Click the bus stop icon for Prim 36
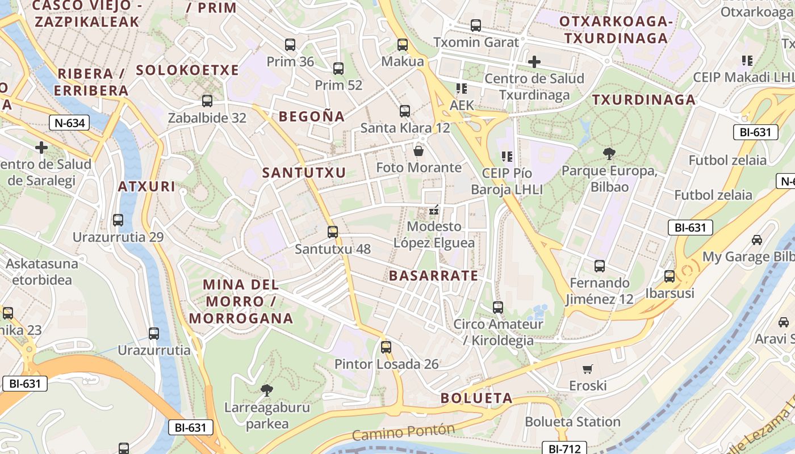pyautogui.click(x=290, y=45)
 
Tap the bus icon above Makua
pyautogui.click(x=403, y=44)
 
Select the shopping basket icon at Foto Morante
pyautogui.click(x=419, y=150)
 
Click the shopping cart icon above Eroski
pyautogui.click(x=588, y=369)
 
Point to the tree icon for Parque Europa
pyautogui.click(x=609, y=153)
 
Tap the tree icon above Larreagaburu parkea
pyautogui.click(x=266, y=390)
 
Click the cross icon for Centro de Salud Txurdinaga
pyautogui.click(x=534, y=61)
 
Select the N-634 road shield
pyautogui.click(x=70, y=122)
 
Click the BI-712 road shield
pyautogui.click(x=564, y=448)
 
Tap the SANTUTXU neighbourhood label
pyautogui.click(x=304, y=173)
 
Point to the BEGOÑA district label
pyautogui.click(x=312, y=116)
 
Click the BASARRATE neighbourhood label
pyautogui.click(x=433, y=276)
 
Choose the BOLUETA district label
pyautogui.click(x=476, y=398)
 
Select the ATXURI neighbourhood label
pyautogui.click(x=147, y=186)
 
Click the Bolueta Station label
pyautogui.click(x=572, y=422)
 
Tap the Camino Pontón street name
pyautogui.click(x=404, y=432)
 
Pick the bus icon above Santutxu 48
pyautogui.click(x=333, y=232)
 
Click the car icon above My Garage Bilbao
pyautogui.click(x=757, y=239)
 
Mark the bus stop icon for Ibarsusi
pyautogui.click(x=670, y=276)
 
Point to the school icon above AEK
pyautogui.click(x=461, y=88)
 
